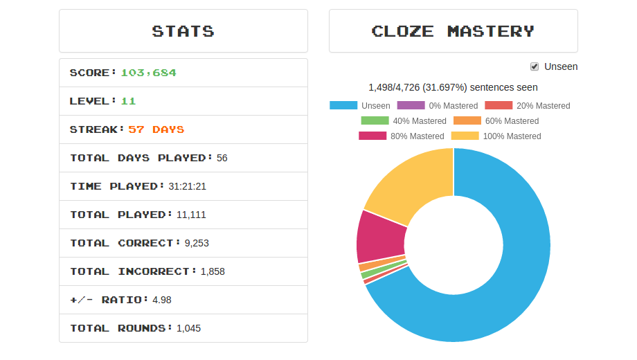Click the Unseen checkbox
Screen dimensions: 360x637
[x=535, y=66]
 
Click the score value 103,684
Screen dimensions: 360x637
[x=148, y=73]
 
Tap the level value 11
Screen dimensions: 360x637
[x=128, y=101]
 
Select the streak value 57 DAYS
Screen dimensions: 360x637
[x=156, y=129]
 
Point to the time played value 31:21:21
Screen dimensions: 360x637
[x=187, y=186]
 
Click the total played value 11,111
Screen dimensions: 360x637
[x=191, y=215]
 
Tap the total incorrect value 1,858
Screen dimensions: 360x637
[x=213, y=271]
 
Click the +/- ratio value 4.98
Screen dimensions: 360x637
[x=162, y=300]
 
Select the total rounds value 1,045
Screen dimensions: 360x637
[x=188, y=328]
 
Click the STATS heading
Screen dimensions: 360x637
[x=183, y=31]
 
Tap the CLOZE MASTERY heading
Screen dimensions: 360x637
[x=453, y=31]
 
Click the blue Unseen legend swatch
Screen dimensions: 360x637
[x=343, y=106]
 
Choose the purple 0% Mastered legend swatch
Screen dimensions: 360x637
[x=411, y=106]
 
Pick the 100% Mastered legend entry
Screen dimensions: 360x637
[x=496, y=136]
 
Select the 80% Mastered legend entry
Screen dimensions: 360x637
[x=402, y=136]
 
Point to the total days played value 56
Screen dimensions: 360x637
[x=222, y=158]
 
